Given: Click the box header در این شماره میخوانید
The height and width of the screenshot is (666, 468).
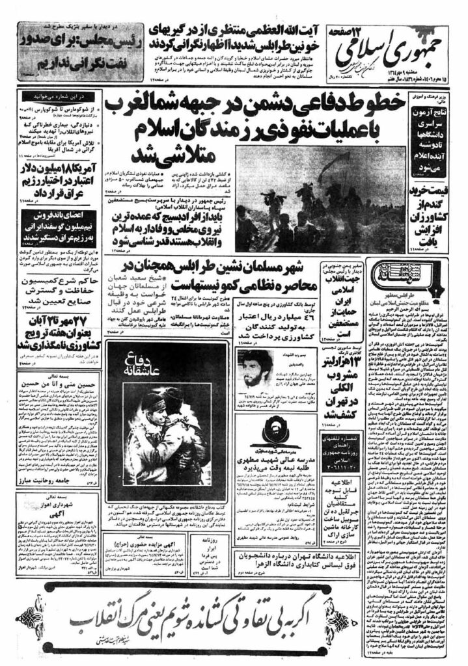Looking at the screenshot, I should (x=62, y=96).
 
